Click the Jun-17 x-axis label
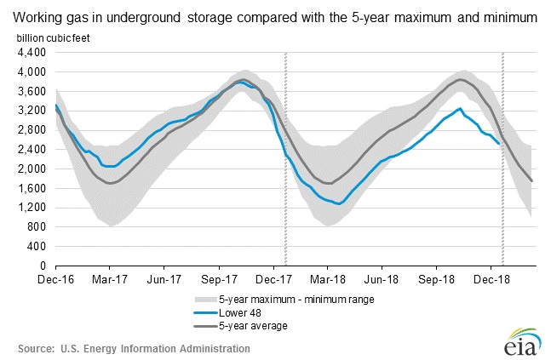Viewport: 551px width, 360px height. point(164,278)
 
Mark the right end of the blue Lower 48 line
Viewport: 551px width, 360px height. point(500,144)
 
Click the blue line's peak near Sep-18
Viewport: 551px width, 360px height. point(461,109)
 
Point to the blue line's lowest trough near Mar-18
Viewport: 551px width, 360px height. point(340,204)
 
